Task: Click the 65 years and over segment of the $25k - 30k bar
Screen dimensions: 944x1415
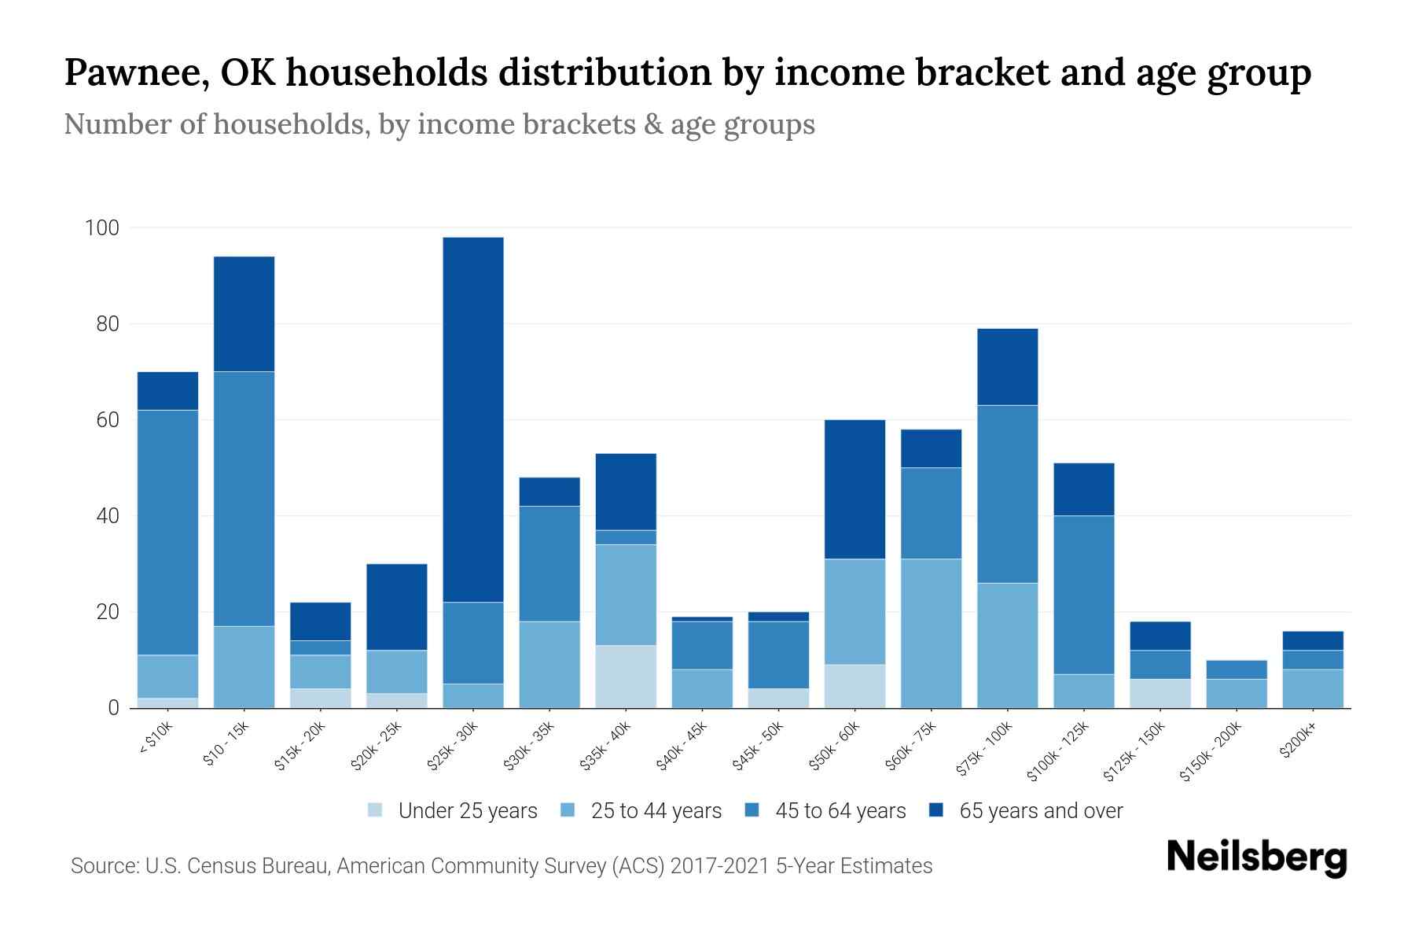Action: click(x=473, y=419)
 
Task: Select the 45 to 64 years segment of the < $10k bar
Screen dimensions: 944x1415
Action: click(x=167, y=532)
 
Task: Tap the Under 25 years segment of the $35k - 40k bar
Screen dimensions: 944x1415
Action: click(x=626, y=677)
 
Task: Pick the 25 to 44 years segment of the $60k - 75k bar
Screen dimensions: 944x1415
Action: click(x=932, y=633)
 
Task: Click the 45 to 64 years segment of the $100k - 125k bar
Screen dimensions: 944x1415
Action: click(x=1084, y=595)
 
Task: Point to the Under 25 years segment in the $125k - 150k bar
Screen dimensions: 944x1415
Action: click(x=1160, y=693)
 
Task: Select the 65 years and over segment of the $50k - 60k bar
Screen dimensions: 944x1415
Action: click(x=855, y=489)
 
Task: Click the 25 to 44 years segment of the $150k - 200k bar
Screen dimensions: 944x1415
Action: click(x=1237, y=693)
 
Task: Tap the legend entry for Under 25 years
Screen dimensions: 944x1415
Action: click(x=453, y=811)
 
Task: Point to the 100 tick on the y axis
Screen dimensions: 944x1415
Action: click(x=102, y=228)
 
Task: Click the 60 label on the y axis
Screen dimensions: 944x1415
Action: click(x=108, y=420)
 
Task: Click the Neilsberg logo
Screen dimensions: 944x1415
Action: click(x=1256, y=857)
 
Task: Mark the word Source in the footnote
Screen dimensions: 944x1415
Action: click(x=103, y=866)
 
